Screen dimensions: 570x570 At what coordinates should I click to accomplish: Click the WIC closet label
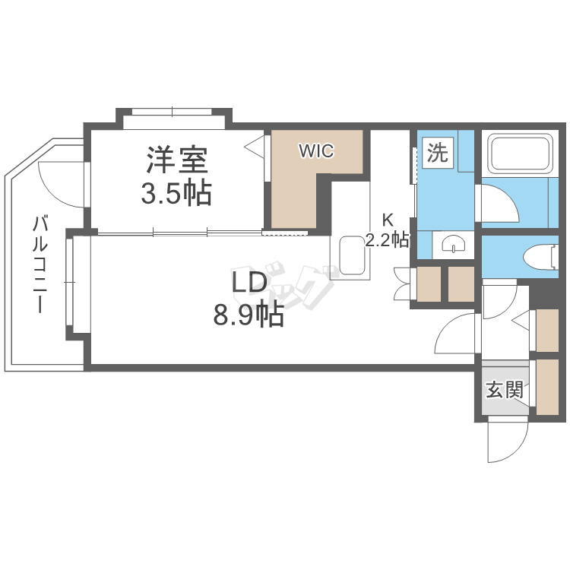coord(315,150)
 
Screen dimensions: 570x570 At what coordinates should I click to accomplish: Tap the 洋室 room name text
coord(176,160)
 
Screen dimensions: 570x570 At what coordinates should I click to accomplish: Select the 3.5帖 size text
coord(176,194)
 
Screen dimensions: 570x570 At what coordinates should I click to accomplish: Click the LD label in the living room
coord(249,283)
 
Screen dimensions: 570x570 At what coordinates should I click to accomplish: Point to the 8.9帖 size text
coord(249,314)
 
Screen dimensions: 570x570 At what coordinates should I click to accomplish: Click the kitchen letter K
coord(387,221)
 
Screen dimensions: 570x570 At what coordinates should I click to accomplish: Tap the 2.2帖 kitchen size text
coord(387,241)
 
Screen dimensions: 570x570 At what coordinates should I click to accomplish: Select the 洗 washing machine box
coord(436,153)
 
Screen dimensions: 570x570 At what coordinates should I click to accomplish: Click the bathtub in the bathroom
coord(519,154)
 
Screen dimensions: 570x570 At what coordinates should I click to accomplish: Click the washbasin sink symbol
coord(454,245)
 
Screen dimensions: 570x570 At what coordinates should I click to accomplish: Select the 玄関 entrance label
coord(504,391)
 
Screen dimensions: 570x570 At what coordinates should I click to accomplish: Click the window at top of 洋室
coord(173,112)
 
